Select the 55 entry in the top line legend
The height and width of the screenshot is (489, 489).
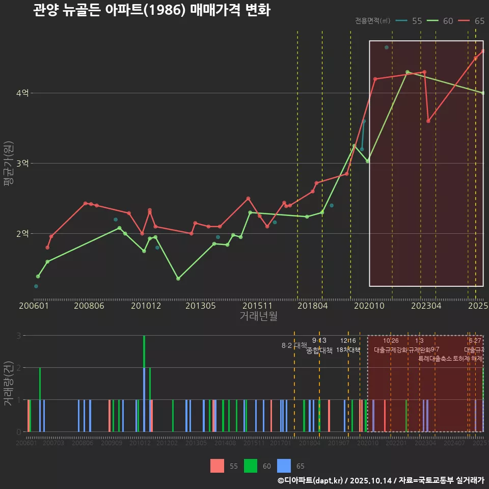(x=416, y=21)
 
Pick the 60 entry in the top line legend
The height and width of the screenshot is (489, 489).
(x=448, y=21)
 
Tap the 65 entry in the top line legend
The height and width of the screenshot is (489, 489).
(x=479, y=21)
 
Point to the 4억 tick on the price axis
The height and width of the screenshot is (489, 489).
(x=23, y=93)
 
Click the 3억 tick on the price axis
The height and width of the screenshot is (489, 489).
(x=23, y=164)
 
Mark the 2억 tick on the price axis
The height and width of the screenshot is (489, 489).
(x=23, y=234)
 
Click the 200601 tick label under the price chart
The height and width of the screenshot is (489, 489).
(x=34, y=306)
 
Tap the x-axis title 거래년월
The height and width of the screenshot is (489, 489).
(x=259, y=316)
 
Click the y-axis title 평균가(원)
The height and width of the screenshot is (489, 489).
(x=9, y=164)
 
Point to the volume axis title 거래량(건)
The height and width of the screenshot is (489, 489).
(x=9, y=384)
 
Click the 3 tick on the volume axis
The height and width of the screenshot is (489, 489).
(x=19, y=336)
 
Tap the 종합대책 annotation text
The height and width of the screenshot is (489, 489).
(x=319, y=350)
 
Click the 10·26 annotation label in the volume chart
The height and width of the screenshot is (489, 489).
(x=391, y=341)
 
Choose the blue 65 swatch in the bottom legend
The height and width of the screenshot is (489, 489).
(x=284, y=466)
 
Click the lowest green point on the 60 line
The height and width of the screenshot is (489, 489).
(x=178, y=279)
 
